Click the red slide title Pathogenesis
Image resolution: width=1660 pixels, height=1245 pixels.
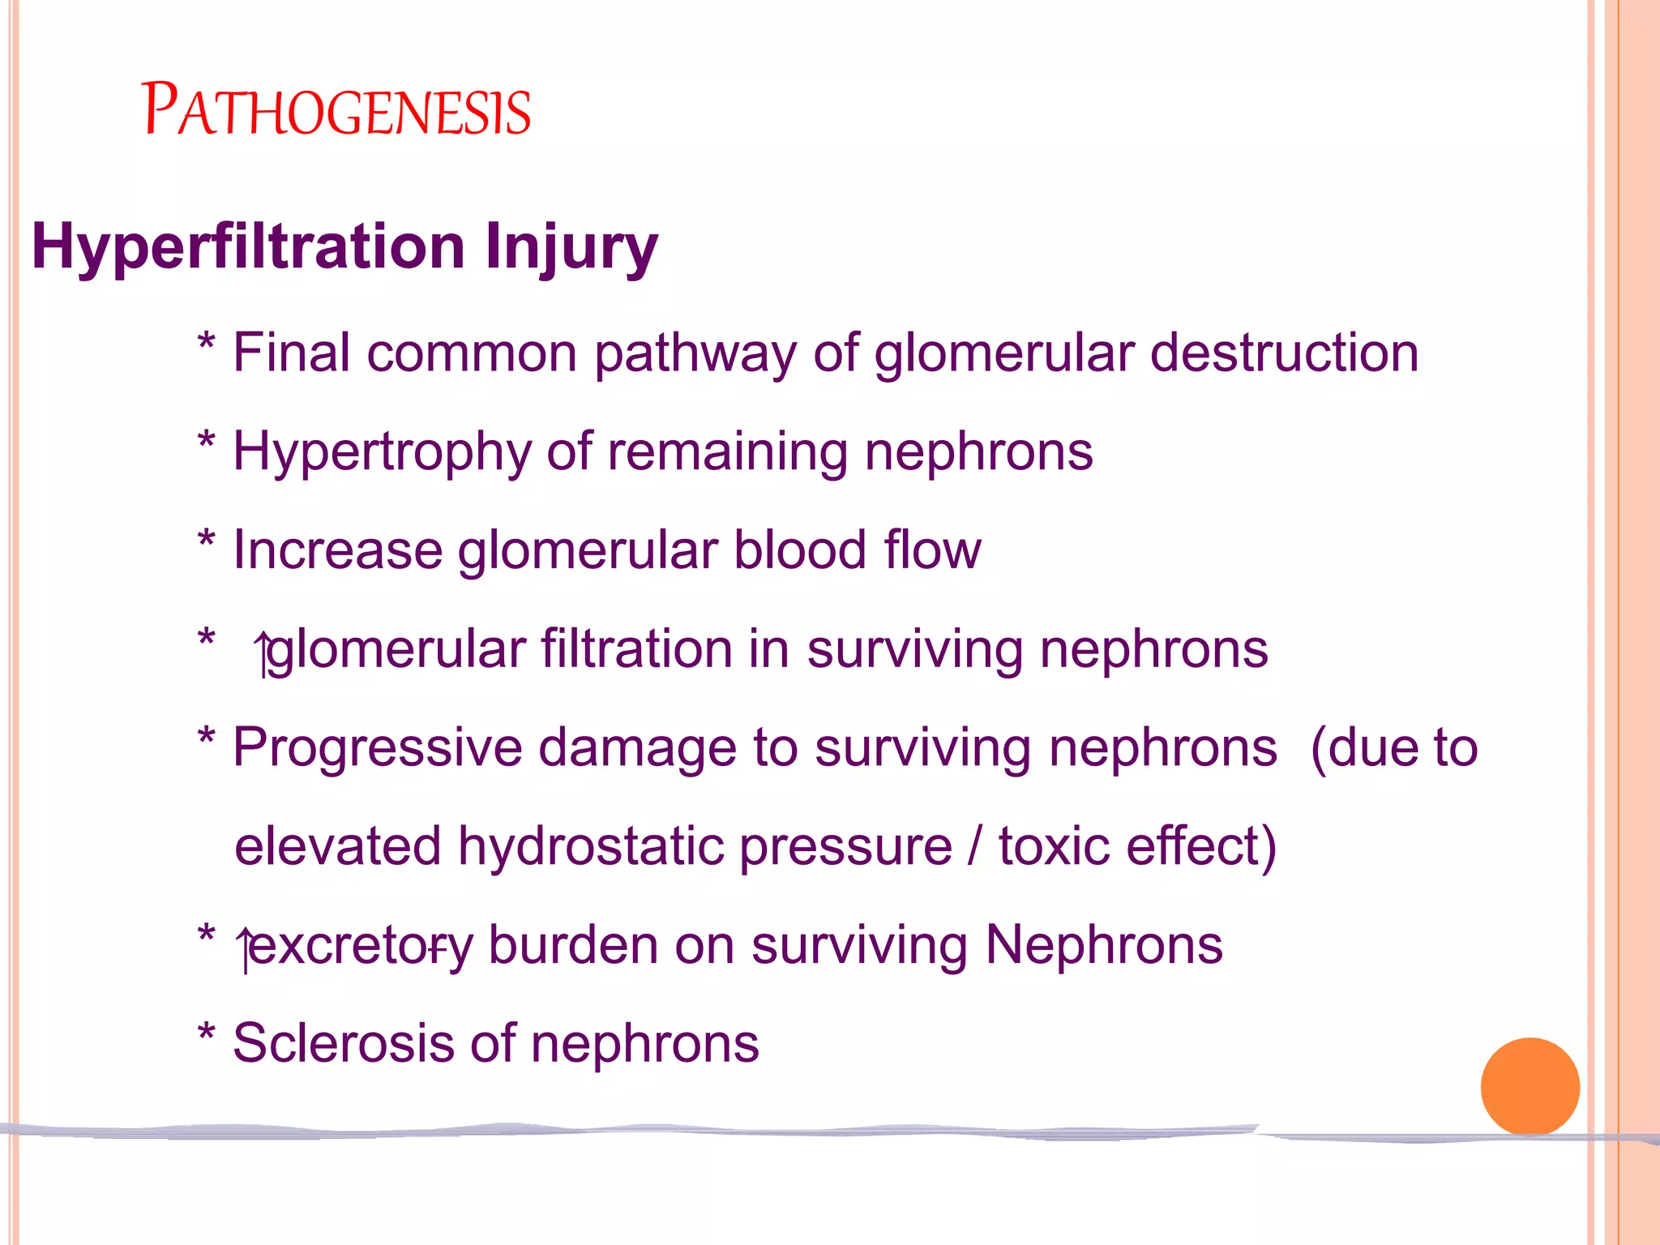[336, 110]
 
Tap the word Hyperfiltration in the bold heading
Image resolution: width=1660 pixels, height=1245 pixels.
[248, 246]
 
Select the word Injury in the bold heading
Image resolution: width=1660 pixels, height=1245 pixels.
[571, 246]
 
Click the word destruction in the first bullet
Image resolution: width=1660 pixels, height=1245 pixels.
[1285, 353]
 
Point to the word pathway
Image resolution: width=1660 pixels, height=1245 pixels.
[695, 355]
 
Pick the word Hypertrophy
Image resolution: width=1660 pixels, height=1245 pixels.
[382, 452]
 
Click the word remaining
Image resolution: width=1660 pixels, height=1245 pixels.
[728, 452]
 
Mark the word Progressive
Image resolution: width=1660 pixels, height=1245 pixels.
[378, 748]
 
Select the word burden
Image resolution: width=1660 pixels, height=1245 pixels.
[573, 945]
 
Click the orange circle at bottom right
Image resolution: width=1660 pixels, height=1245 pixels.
[1530, 1086]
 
